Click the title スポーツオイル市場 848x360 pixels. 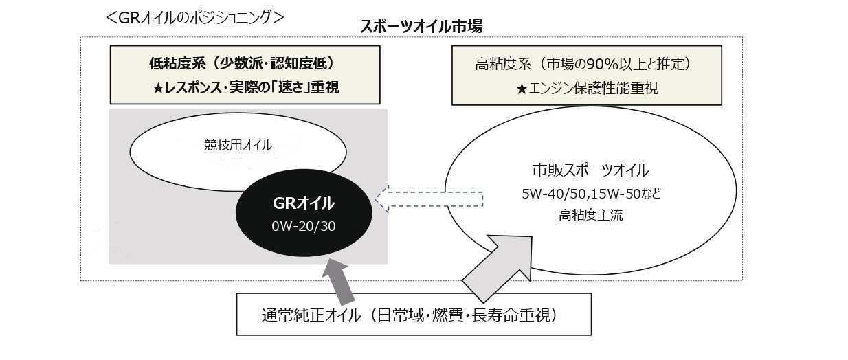421,27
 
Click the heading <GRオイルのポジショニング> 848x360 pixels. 194,17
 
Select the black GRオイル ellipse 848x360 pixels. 304,213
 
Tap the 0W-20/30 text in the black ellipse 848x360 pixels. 304,226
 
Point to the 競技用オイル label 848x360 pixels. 238,145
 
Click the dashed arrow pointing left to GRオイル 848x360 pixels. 429,199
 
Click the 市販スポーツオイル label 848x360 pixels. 590,170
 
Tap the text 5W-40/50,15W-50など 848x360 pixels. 591,194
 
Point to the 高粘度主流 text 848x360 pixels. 590,215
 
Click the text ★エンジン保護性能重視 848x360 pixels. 587,89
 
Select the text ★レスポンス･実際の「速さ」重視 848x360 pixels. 246,88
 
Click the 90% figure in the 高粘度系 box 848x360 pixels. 602,65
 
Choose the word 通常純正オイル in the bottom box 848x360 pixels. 311,315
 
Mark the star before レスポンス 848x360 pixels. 158,89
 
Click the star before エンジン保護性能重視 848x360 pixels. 522,89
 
